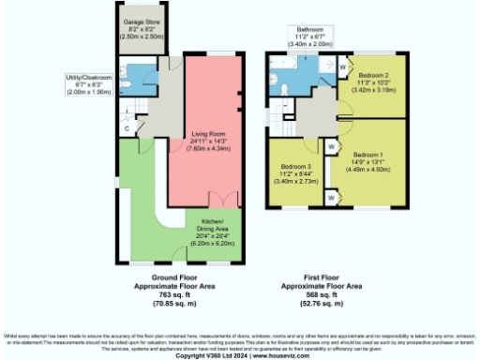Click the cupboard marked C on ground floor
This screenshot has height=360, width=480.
127,127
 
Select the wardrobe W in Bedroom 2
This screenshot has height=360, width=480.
340,67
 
